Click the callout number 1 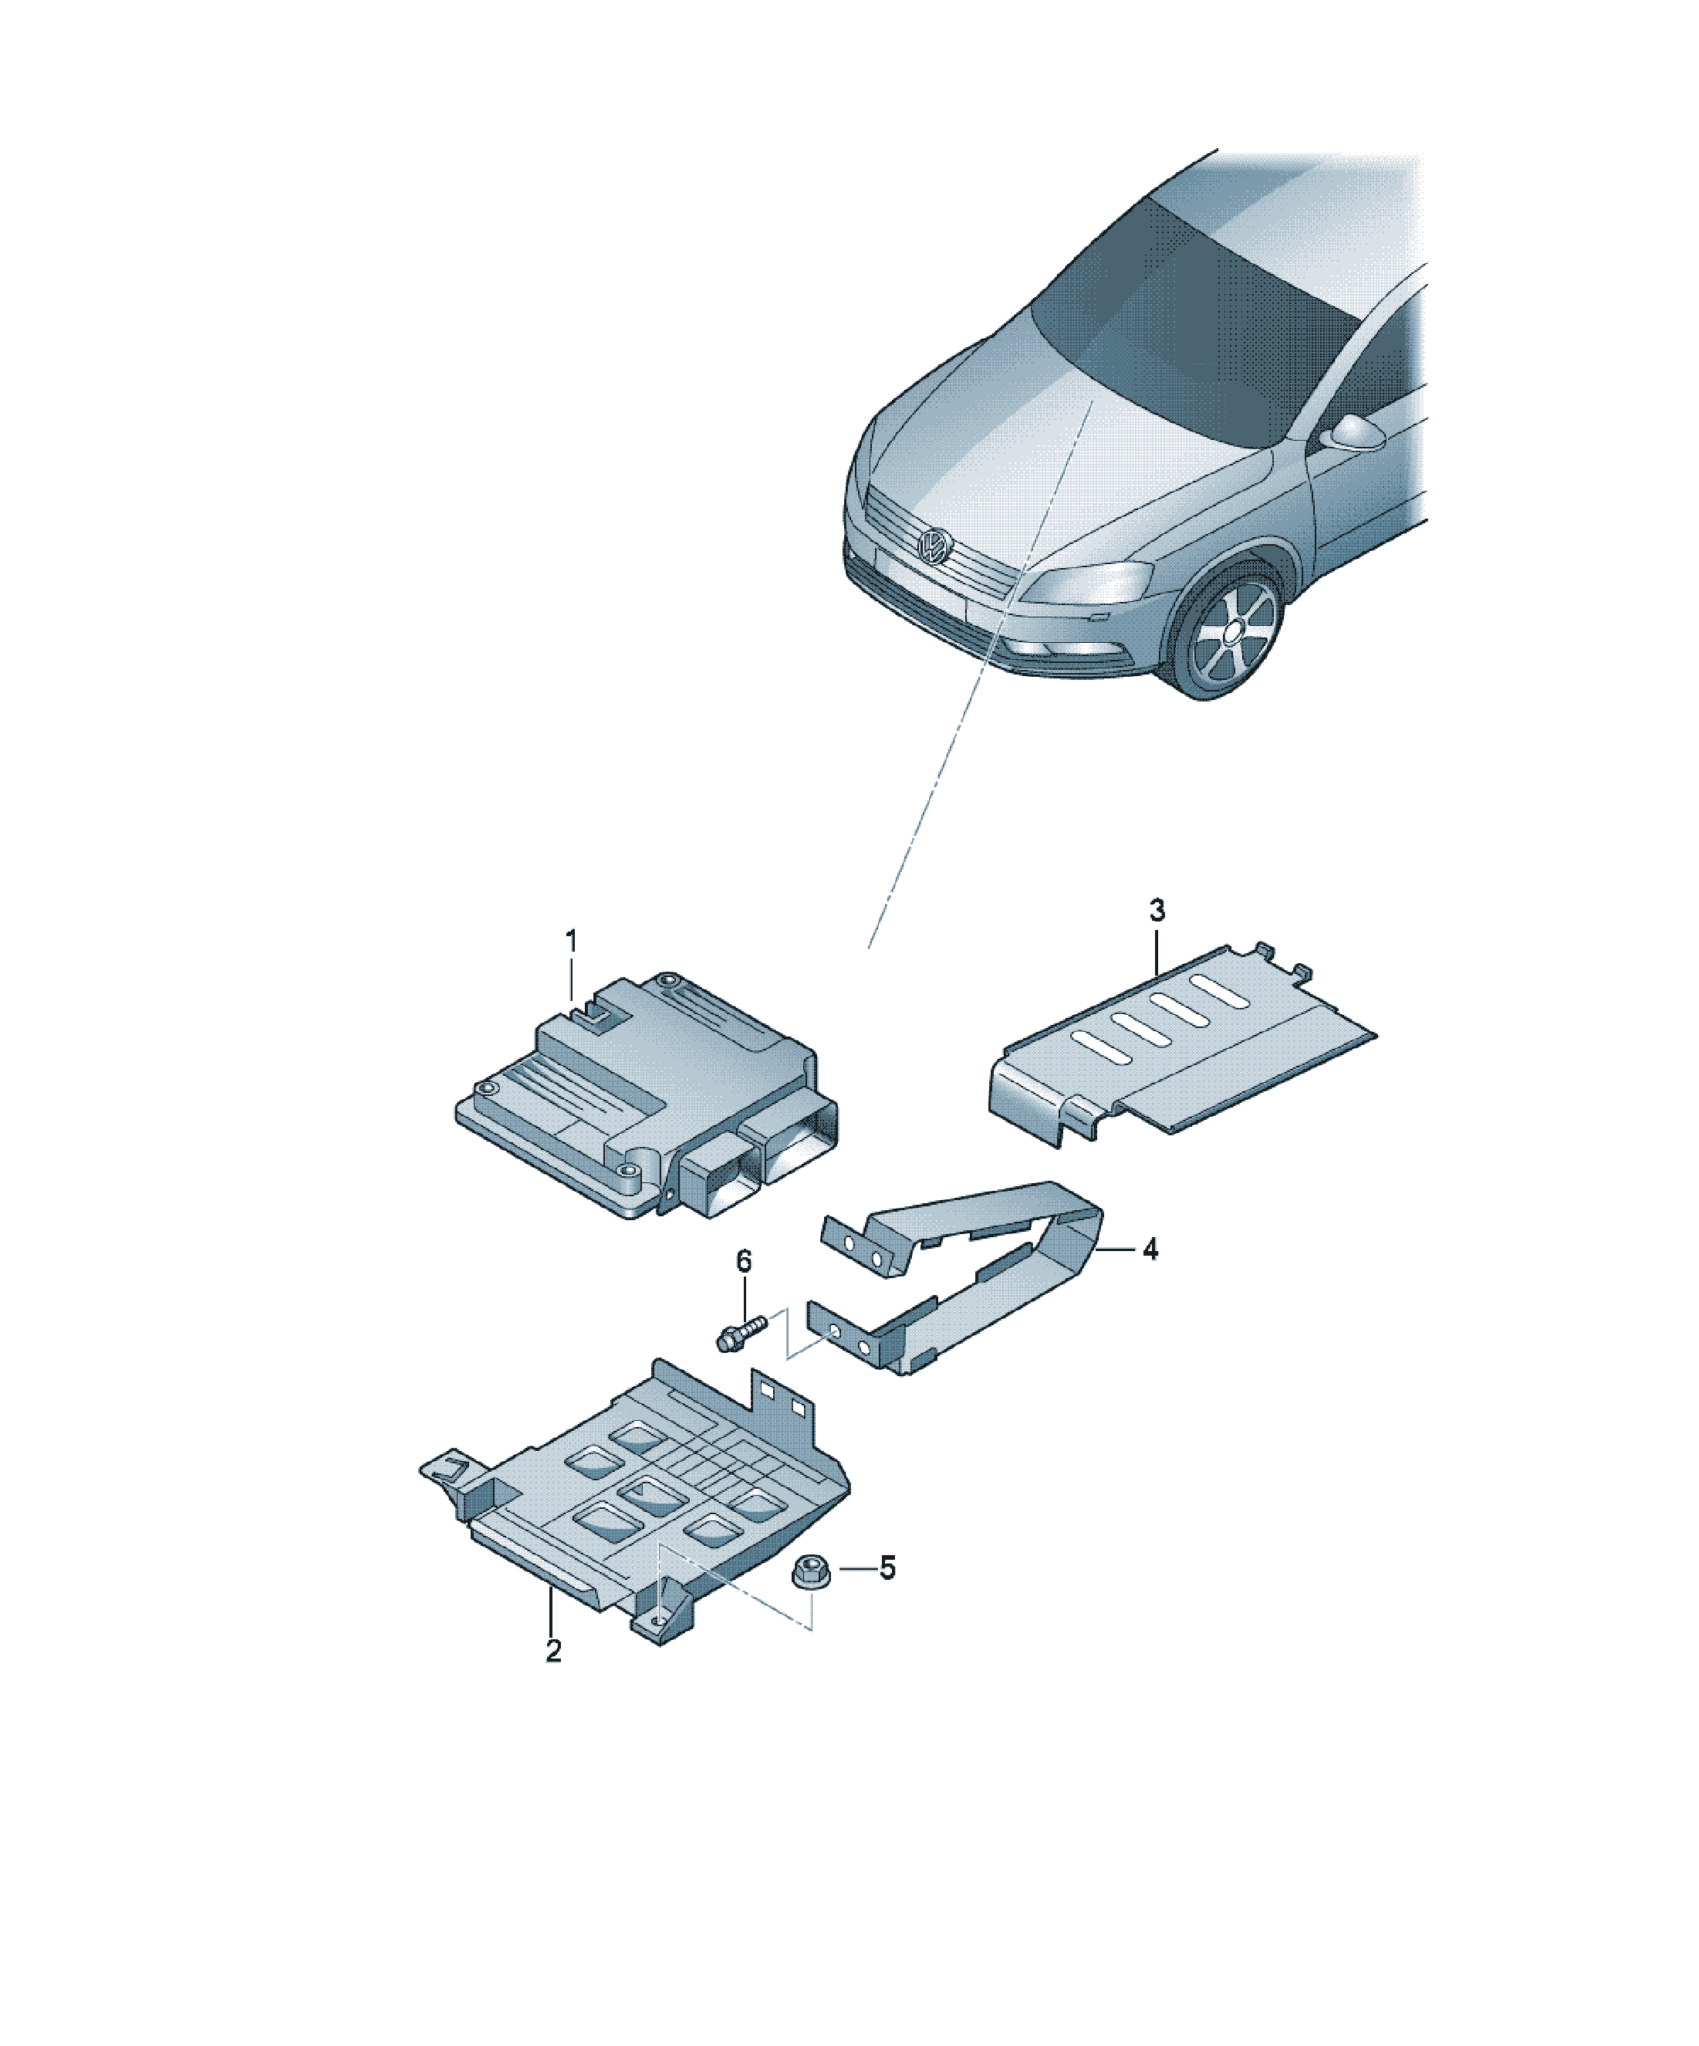tap(572, 942)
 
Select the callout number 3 tap(1157, 911)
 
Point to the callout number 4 tap(1150, 1249)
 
